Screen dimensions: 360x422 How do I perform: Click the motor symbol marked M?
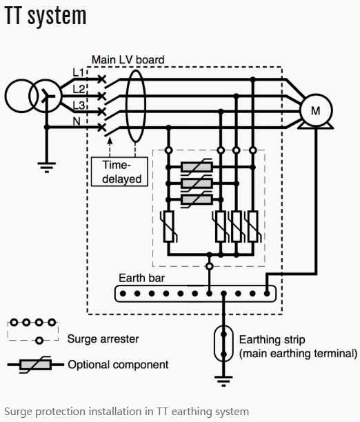coord(316,110)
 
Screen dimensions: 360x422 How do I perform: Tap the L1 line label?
coord(79,72)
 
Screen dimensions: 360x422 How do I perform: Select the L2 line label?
coord(79,89)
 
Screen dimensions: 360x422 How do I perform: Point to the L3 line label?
coord(79,105)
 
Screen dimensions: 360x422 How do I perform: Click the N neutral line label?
coord(77,121)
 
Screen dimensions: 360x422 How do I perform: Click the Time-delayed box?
coord(119,172)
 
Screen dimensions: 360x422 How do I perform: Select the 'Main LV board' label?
coord(128,60)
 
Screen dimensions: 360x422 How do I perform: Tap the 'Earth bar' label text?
coord(141,278)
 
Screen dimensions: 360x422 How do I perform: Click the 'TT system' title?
coord(46,16)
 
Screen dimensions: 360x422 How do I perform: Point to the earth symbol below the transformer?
coord(47,167)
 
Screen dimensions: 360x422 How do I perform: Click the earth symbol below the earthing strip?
coord(223,381)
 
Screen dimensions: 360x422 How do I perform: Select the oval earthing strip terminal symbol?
coord(223,343)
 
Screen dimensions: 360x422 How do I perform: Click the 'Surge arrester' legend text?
coord(103,339)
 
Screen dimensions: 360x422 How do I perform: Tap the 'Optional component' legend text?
coord(118,365)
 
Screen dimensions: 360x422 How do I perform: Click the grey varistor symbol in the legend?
coord(35,365)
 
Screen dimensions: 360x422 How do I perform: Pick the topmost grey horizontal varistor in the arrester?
coord(197,167)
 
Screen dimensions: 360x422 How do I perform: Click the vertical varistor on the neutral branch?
coord(168,226)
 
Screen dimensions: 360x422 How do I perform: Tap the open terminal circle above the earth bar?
coord(209,266)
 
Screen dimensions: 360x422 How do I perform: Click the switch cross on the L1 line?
coord(101,79)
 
